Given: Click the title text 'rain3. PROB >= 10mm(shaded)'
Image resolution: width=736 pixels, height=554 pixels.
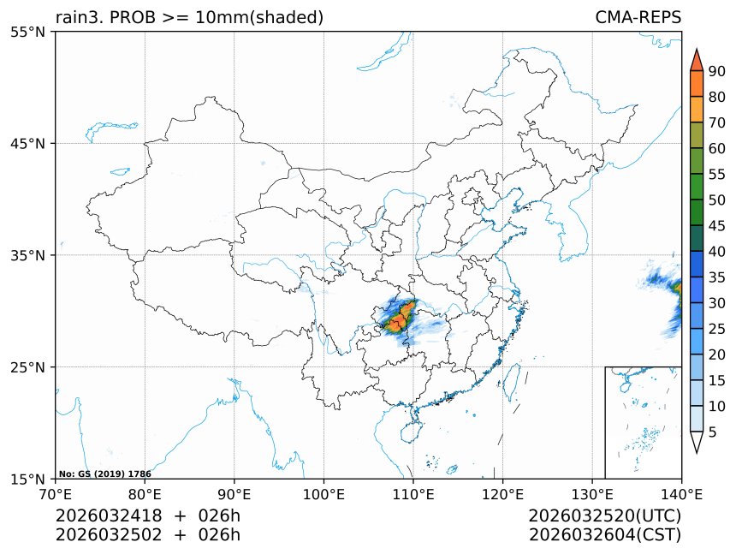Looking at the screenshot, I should click(x=189, y=17).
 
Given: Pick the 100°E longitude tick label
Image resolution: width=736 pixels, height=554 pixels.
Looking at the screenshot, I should click(x=323, y=493).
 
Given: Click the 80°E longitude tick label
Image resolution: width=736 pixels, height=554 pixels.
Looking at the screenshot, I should click(x=145, y=493).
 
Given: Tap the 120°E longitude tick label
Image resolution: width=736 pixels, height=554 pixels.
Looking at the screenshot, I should click(x=502, y=493).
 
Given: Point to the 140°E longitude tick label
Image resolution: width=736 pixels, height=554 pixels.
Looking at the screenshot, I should click(x=681, y=493).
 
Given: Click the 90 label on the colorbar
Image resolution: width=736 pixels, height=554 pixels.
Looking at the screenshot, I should click(x=716, y=71).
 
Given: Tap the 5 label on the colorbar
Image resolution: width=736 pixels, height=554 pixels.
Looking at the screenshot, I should click(x=713, y=432).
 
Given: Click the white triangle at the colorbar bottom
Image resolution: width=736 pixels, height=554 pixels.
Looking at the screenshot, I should click(x=697, y=442).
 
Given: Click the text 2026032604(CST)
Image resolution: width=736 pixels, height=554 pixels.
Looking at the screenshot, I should click(x=604, y=535).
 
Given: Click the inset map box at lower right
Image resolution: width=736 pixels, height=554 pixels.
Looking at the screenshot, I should click(x=643, y=422).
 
